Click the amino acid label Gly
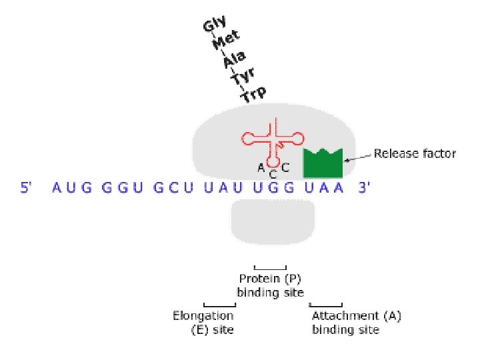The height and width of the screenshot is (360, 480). pos(215,27)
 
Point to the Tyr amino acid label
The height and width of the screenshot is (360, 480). pos(243,79)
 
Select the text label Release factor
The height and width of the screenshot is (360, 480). pos(415,154)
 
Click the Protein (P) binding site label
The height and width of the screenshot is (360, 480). pos(271,285)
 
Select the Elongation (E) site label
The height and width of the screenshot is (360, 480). pos(203,322)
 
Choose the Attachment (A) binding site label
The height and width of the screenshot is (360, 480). pos(356,322)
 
